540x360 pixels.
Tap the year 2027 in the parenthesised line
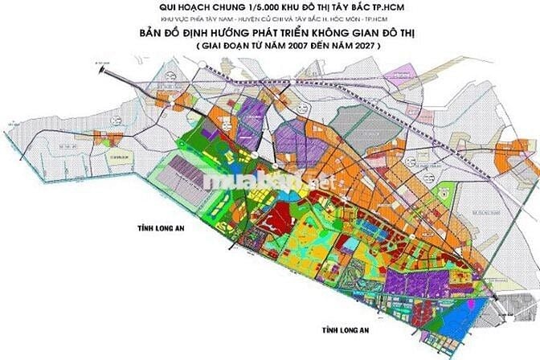point(358,47)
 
